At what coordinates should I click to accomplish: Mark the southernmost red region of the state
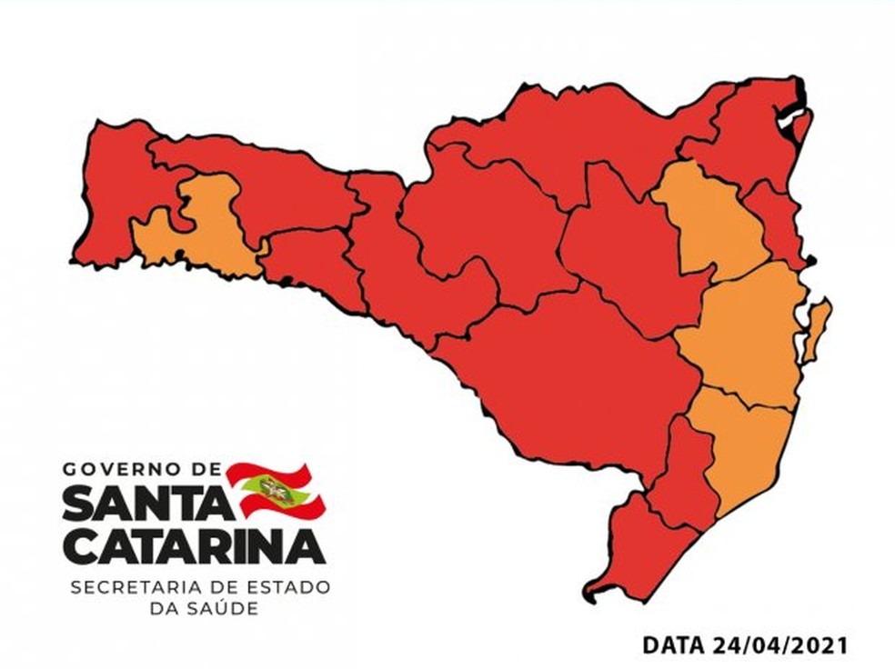tap(637, 554)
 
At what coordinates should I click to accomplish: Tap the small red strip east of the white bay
tap(802, 127)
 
